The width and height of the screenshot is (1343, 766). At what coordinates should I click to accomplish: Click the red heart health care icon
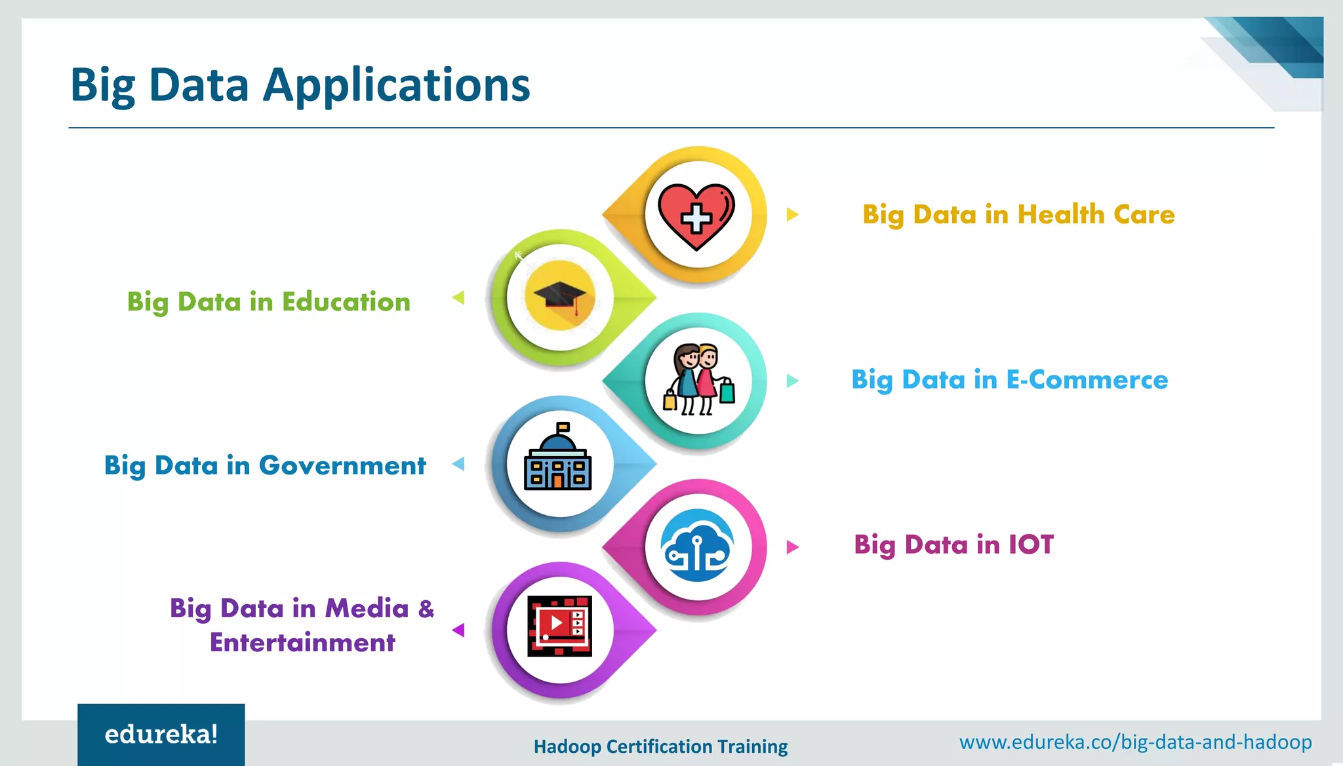pyautogui.click(x=696, y=216)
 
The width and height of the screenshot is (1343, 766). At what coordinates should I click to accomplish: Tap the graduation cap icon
pyautogui.click(x=559, y=298)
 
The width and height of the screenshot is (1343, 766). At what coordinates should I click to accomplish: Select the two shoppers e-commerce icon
pyautogui.click(x=698, y=380)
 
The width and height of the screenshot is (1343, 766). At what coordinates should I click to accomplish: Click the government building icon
pyautogui.click(x=558, y=459)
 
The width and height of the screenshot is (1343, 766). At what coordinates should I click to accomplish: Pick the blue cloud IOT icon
pyautogui.click(x=697, y=546)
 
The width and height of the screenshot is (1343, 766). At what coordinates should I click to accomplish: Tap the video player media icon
pyautogui.click(x=559, y=626)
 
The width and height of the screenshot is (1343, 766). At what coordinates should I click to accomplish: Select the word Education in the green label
pyautogui.click(x=346, y=302)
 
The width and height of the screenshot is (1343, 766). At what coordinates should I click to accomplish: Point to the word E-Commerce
pyautogui.click(x=1087, y=380)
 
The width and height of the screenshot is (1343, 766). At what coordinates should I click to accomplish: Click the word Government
pyautogui.click(x=342, y=466)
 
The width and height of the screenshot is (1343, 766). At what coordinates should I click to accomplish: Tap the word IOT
pyautogui.click(x=1031, y=545)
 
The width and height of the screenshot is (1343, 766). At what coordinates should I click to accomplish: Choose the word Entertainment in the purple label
pyautogui.click(x=302, y=643)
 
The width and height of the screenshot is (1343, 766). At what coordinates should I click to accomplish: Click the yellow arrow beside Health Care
pyautogui.click(x=792, y=214)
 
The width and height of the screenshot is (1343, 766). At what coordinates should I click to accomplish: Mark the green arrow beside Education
pyautogui.click(x=458, y=298)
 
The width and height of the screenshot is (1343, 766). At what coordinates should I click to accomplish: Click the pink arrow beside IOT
pyautogui.click(x=792, y=546)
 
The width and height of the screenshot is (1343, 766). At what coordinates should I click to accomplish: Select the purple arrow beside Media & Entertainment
pyautogui.click(x=458, y=630)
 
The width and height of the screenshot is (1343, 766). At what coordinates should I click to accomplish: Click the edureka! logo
pyautogui.click(x=161, y=735)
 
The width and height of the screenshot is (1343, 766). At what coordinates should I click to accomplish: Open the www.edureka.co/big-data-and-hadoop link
pyautogui.click(x=1135, y=742)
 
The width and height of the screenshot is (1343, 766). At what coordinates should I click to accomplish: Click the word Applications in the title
pyautogui.click(x=396, y=86)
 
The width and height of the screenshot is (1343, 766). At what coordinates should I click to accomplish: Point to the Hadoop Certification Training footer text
pyautogui.click(x=660, y=746)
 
